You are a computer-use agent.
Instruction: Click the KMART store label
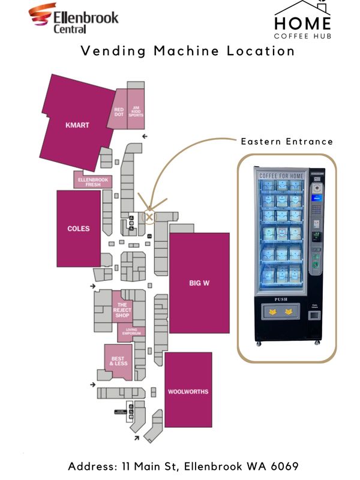[77, 125]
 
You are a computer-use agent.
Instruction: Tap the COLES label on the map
[78, 229]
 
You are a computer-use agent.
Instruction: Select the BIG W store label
[199, 283]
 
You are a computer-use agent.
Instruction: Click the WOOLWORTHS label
[188, 392]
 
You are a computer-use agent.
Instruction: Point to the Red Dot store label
[119, 112]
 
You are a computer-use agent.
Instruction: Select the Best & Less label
[118, 361]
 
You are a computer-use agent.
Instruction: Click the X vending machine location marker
[149, 216]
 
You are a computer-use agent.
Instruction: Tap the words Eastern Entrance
[287, 142]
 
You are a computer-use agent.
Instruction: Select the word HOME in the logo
[302, 23]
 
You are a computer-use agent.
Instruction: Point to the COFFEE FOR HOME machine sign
[281, 175]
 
